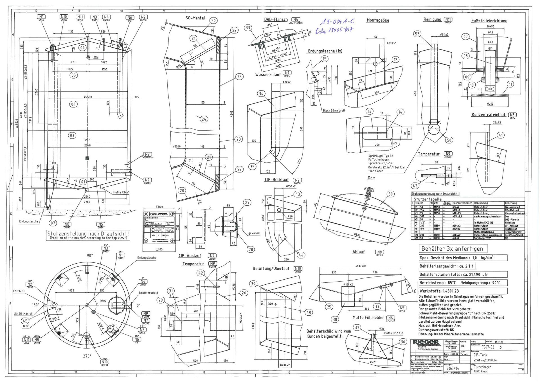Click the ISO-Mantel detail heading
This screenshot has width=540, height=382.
point(194,18)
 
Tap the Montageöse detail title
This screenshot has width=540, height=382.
point(378,20)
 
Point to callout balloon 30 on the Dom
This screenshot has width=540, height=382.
point(390,194)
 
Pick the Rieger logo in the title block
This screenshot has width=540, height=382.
point(425,342)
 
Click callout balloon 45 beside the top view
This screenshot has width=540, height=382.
point(25,321)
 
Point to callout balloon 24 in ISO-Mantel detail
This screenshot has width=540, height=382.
point(204,119)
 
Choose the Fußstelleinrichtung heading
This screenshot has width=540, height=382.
point(489,21)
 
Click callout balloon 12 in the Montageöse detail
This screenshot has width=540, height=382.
point(395,60)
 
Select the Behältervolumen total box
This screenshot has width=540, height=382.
point(463,274)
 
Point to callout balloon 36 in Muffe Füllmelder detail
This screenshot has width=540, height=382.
point(403,342)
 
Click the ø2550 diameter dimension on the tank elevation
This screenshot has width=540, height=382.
point(88,97)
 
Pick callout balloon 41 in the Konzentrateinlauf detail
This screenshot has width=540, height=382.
point(501,135)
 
